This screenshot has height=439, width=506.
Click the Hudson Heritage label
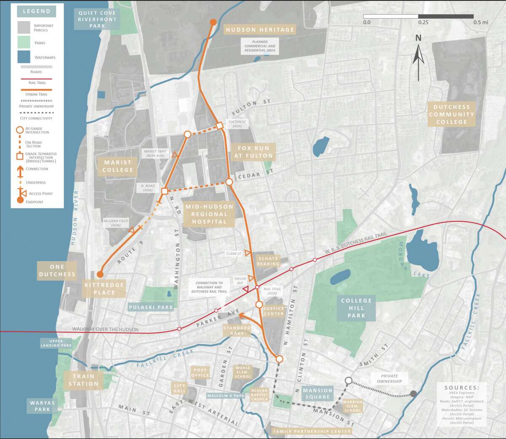(x=260, y=29)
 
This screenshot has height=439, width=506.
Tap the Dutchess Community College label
(x=451, y=114)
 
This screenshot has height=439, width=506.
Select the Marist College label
(x=118, y=166)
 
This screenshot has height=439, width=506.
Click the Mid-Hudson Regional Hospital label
(x=209, y=214)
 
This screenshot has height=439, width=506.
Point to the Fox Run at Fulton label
(x=253, y=152)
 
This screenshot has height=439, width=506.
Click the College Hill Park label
(x=356, y=308)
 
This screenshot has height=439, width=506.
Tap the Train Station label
(x=83, y=380)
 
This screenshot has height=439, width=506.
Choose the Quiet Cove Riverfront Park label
(x=97, y=19)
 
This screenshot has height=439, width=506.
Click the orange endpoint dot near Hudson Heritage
(x=213, y=22)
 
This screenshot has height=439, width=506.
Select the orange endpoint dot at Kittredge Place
(x=100, y=274)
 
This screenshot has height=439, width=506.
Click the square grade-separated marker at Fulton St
(x=220, y=125)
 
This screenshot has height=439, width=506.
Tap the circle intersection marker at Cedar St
(x=229, y=182)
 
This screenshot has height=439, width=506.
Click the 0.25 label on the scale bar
(x=423, y=22)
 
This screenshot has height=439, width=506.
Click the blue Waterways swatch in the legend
(x=24, y=57)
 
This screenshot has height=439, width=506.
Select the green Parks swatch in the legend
(x=24, y=42)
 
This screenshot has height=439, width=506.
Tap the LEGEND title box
(x=36, y=11)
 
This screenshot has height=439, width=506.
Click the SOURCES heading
(x=461, y=388)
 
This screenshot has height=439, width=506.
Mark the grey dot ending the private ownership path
(x=414, y=393)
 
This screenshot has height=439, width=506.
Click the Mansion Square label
(x=318, y=393)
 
